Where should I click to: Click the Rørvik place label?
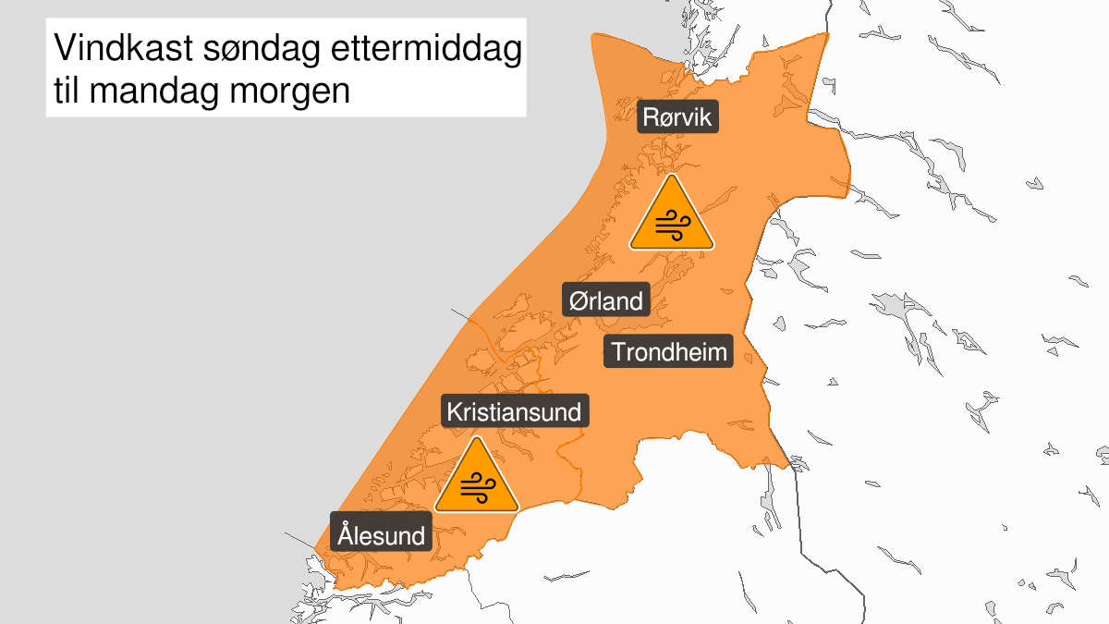[677, 118]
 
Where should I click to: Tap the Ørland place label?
[606, 300]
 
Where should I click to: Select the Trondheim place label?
[669, 351]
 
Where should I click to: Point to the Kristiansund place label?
[514, 411]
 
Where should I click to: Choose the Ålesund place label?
[382, 535]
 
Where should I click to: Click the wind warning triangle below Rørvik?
[672, 217]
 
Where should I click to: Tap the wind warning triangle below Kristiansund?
[477, 478]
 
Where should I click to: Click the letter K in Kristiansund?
[455, 411]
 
